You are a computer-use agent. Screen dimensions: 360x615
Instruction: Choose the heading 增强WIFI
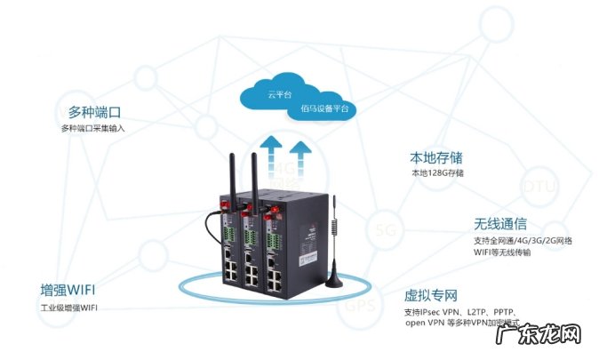click(68, 291)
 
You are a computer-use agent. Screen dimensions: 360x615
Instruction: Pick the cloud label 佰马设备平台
click(325, 108)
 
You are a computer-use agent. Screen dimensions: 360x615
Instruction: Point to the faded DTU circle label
click(539, 187)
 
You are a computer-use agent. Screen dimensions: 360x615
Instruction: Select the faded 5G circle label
click(385, 231)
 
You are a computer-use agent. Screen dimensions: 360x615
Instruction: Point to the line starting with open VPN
click(462, 324)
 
